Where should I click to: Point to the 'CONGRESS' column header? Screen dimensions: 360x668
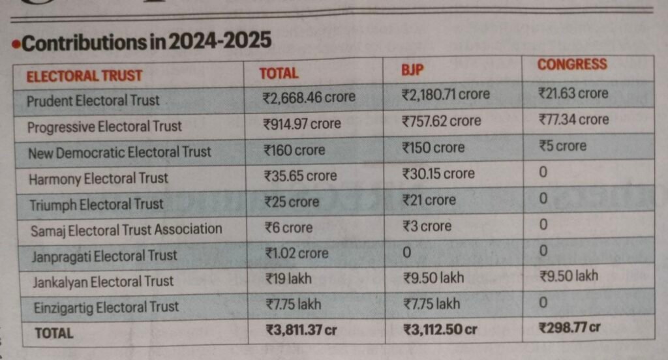click(x=571, y=65)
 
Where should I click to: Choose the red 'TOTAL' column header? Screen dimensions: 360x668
click(x=279, y=74)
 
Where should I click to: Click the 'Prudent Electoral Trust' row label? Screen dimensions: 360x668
click(x=93, y=100)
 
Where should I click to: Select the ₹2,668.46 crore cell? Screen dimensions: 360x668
click(x=309, y=98)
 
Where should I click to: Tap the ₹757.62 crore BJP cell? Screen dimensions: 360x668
click(x=442, y=121)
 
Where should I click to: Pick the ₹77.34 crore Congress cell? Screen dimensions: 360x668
click(x=573, y=119)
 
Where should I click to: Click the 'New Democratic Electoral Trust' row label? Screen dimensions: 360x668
click(x=119, y=152)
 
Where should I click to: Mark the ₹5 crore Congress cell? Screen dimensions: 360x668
click(x=562, y=146)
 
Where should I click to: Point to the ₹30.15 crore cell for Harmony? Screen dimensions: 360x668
click(x=438, y=174)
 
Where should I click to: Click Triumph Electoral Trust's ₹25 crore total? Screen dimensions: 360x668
click(x=291, y=202)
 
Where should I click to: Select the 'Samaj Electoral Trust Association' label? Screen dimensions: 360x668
click(x=125, y=229)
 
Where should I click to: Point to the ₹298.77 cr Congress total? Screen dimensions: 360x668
click(x=569, y=327)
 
